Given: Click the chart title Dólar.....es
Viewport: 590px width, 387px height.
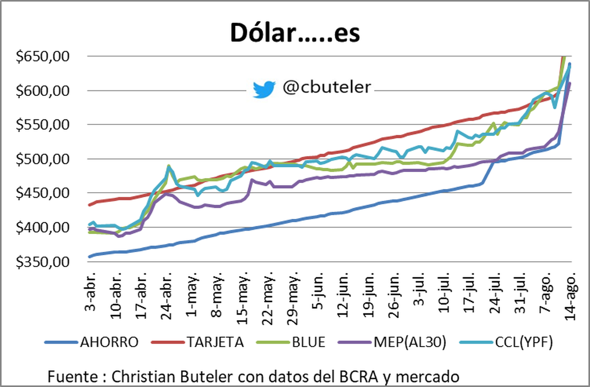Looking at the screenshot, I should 295,33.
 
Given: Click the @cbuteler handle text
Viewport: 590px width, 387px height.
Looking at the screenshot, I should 326,88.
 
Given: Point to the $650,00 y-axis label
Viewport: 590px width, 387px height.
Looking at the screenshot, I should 43,57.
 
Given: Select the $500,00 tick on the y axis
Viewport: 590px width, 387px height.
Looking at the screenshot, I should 43,159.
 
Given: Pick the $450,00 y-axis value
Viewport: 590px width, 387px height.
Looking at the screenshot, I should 43,193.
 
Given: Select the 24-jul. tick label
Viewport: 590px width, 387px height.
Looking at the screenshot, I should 492,294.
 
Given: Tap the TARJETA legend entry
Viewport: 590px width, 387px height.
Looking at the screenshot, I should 214,342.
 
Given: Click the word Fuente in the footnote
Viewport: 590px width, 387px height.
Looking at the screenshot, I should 72,377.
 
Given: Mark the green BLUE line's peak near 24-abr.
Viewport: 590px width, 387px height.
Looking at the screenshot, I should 169,166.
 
